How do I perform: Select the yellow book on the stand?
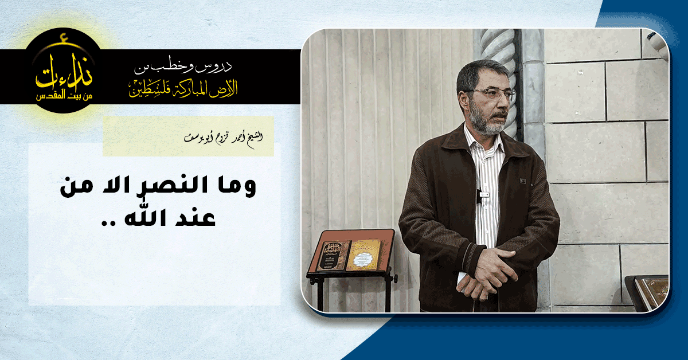(363, 255)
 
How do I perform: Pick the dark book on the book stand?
(333, 256)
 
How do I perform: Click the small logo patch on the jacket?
(523, 181)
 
